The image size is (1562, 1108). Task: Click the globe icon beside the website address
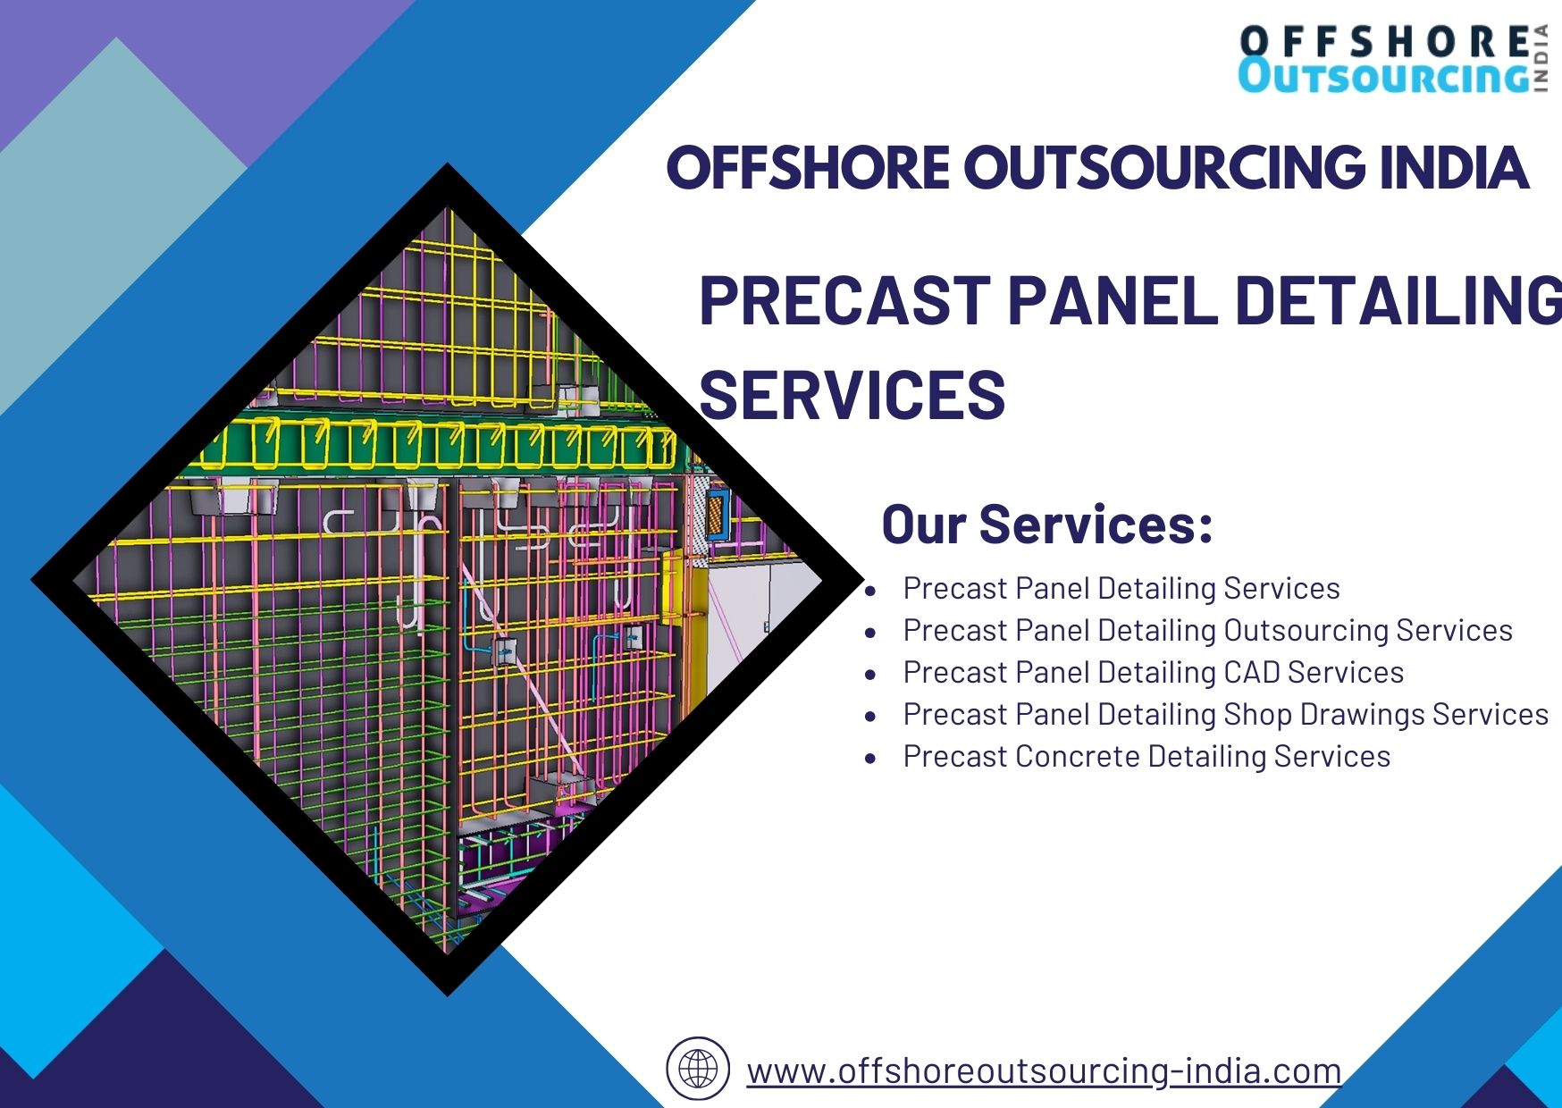point(698,1069)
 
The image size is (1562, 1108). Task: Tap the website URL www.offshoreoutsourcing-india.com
point(1044,1070)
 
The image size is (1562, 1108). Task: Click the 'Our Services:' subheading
point(1047,524)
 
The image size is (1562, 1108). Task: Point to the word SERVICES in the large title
point(852,394)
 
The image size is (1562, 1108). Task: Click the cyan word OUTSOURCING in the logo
point(1383,76)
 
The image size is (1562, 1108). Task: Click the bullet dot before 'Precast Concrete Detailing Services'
point(870,759)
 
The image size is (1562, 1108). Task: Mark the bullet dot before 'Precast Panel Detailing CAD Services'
point(870,675)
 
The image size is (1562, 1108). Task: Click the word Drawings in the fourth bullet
point(1362,715)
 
